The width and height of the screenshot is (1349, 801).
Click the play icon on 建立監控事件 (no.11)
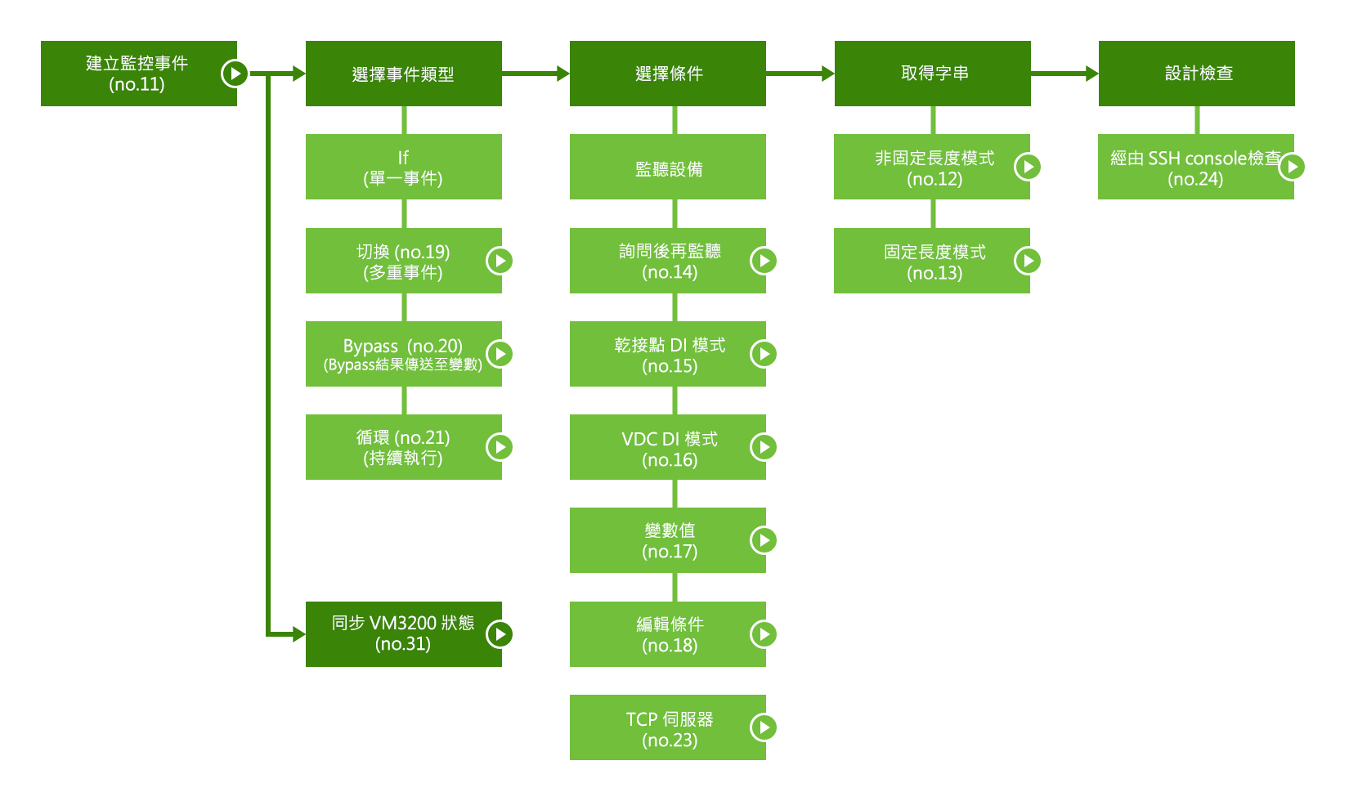click(235, 74)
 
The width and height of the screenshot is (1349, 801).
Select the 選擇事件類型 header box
click(403, 74)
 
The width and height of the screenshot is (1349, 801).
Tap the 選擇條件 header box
click(667, 74)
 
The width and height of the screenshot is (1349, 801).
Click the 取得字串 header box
click(932, 74)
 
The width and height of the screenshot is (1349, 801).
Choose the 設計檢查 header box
click(1196, 74)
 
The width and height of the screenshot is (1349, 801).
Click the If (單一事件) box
click(403, 167)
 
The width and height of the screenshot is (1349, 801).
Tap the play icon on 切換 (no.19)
click(500, 261)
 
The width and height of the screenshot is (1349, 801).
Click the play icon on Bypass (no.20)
click(500, 354)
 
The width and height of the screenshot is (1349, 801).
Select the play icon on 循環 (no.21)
click(500, 447)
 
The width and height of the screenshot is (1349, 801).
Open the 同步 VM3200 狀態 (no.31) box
click(403, 633)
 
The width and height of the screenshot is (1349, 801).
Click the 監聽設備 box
click(667, 167)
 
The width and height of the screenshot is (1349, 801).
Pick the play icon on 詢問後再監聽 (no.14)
click(764, 261)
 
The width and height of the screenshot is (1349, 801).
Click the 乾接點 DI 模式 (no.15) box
click(667, 354)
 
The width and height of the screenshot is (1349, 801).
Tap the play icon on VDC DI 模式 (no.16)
click(764, 447)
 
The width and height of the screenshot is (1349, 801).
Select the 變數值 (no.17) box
click(667, 540)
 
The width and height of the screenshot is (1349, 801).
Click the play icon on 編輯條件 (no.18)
click(764, 633)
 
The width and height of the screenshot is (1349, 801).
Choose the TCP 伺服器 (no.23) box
click(667, 727)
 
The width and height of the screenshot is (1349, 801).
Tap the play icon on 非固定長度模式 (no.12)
click(1028, 167)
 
